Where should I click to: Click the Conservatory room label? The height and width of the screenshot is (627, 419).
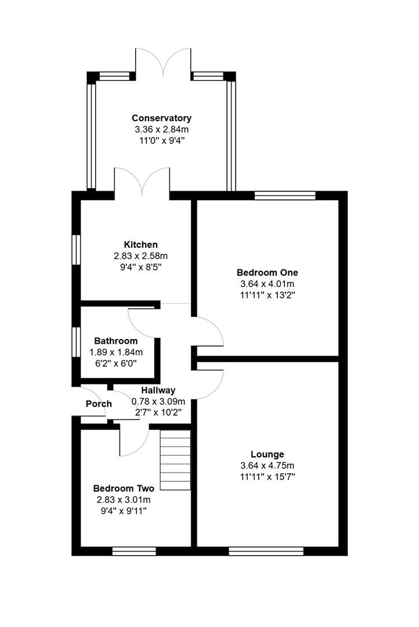point(161,118)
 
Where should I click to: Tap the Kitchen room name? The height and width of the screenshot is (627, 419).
point(140,244)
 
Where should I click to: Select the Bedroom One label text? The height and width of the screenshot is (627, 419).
point(267,272)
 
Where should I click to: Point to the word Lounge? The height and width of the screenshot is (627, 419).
point(267,454)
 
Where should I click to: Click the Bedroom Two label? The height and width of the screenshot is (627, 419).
point(124,488)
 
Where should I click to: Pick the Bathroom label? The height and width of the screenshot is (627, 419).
point(116,341)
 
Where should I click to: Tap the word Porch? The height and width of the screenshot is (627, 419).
point(99,403)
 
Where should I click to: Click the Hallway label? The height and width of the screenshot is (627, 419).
point(158,390)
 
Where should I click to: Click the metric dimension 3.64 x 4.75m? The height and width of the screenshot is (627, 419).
point(267,466)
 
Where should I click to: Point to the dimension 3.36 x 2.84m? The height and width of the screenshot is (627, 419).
point(161,129)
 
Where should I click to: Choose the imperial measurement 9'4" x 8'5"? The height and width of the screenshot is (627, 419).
point(140,268)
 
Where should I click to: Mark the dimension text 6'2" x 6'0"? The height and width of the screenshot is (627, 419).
point(116,363)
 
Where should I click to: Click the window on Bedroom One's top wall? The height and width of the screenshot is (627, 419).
point(285,196)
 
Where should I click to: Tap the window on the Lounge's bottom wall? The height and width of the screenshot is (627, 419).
point(266,551)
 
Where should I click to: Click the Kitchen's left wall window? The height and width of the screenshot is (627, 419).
point(76,250)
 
